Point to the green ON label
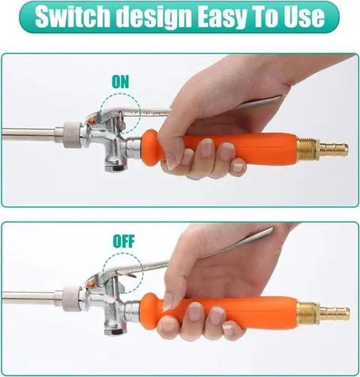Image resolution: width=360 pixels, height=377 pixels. tap(120, 81)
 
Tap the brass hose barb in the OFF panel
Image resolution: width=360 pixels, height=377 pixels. tap(336, 311)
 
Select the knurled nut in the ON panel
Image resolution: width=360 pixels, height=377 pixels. tap(72, 134)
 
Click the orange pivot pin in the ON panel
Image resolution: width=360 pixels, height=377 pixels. tap(92, 120)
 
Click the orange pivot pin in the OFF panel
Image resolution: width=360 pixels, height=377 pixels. tap(92, 284)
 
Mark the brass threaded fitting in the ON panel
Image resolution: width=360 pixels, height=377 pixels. tap(308, 148)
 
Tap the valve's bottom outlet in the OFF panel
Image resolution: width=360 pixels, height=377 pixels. tap(114, 330)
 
